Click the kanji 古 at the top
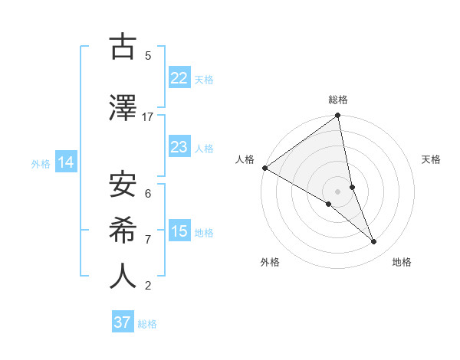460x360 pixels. click(123, 47)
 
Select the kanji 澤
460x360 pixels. click(123, 109)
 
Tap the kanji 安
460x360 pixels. click(123, 184)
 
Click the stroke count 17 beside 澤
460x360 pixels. click(148, 117)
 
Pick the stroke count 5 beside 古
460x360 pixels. click(148, 56)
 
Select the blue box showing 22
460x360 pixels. click(179, 77)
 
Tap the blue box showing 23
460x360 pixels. click(179, 146)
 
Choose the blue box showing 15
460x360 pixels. click(179, 231)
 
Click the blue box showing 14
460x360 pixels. click(66, 162)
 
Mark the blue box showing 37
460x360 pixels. click(123, 322)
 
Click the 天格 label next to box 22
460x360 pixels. click(204, 79)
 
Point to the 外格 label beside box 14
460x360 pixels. click(41, 163)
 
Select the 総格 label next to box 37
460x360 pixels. click(147, 324)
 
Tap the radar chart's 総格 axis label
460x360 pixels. click(338, 100)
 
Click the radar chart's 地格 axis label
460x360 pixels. click(402, 262)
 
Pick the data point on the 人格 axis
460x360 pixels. click(264, 168)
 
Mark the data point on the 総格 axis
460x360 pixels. click(338, 116)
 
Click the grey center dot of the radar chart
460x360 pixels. click(337, 191)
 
